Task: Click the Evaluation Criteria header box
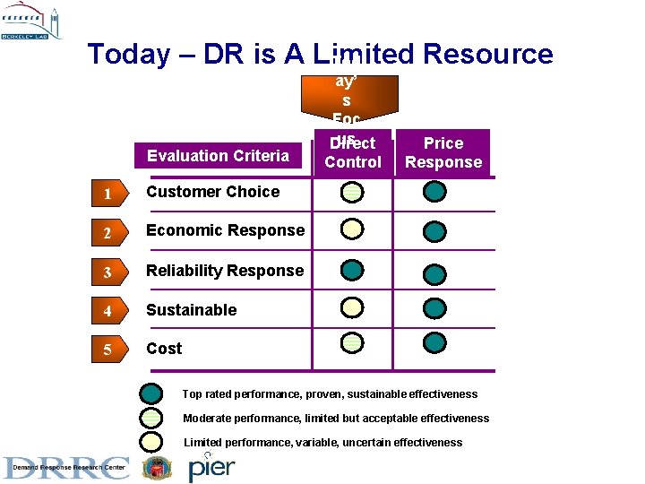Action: point(218,156)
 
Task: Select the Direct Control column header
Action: point(352,153)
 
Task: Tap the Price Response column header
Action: point(443,152)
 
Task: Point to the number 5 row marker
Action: point(107,350)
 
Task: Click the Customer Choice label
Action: point(212,192)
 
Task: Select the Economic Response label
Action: point(225,230)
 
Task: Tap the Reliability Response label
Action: point(225,271)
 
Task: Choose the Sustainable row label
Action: point(191,310)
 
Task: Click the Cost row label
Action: point(164,349)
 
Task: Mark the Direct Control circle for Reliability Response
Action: point(352,271)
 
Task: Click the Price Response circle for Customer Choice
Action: point(434,192)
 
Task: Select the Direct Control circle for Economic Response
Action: point(352,230)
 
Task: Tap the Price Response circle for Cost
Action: point(434,342)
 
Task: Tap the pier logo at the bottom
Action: point(211,468)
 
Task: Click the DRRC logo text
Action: point(67,468)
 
